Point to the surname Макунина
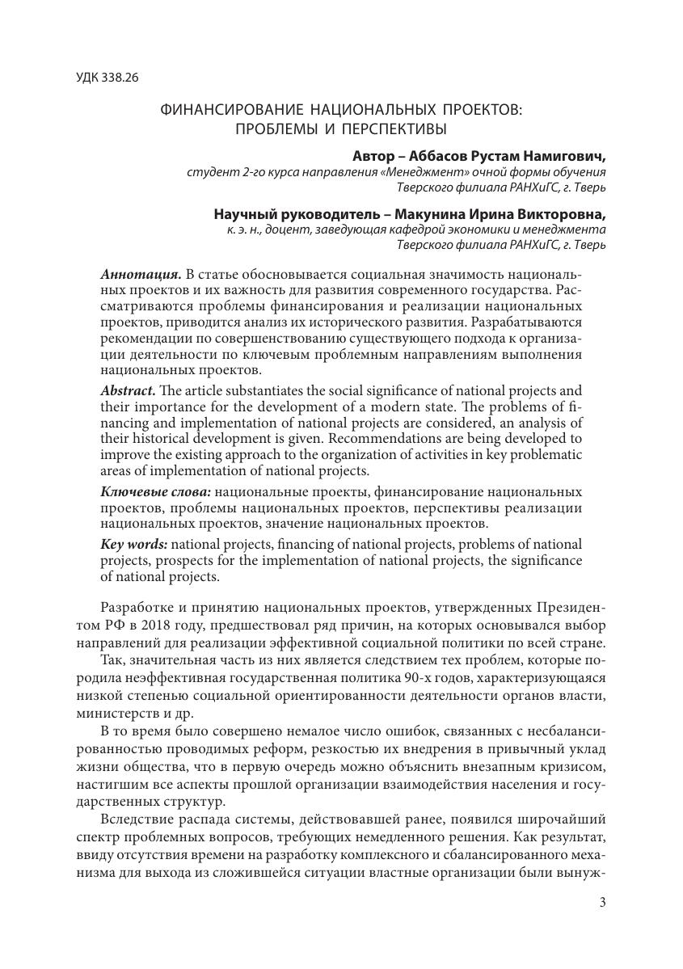click(432, 214)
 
